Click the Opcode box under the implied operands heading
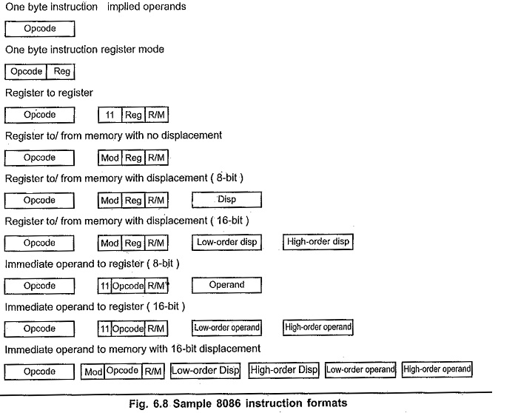click(40, 30)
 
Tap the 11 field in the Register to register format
click(110, 115)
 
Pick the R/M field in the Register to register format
click(156, 115)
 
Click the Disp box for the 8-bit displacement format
click(226, 200)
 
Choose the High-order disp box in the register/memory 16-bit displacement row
click(318, 242)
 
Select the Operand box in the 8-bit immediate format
click(226, 285)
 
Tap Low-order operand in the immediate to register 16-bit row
click(226, 327)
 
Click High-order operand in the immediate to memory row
click(437, 369)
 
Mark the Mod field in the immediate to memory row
click(92, 371)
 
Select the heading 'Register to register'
click(49, 93)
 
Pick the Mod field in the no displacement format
click(110, 158)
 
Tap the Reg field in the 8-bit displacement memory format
click(133, 201)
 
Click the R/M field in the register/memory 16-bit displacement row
click(156, 243)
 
